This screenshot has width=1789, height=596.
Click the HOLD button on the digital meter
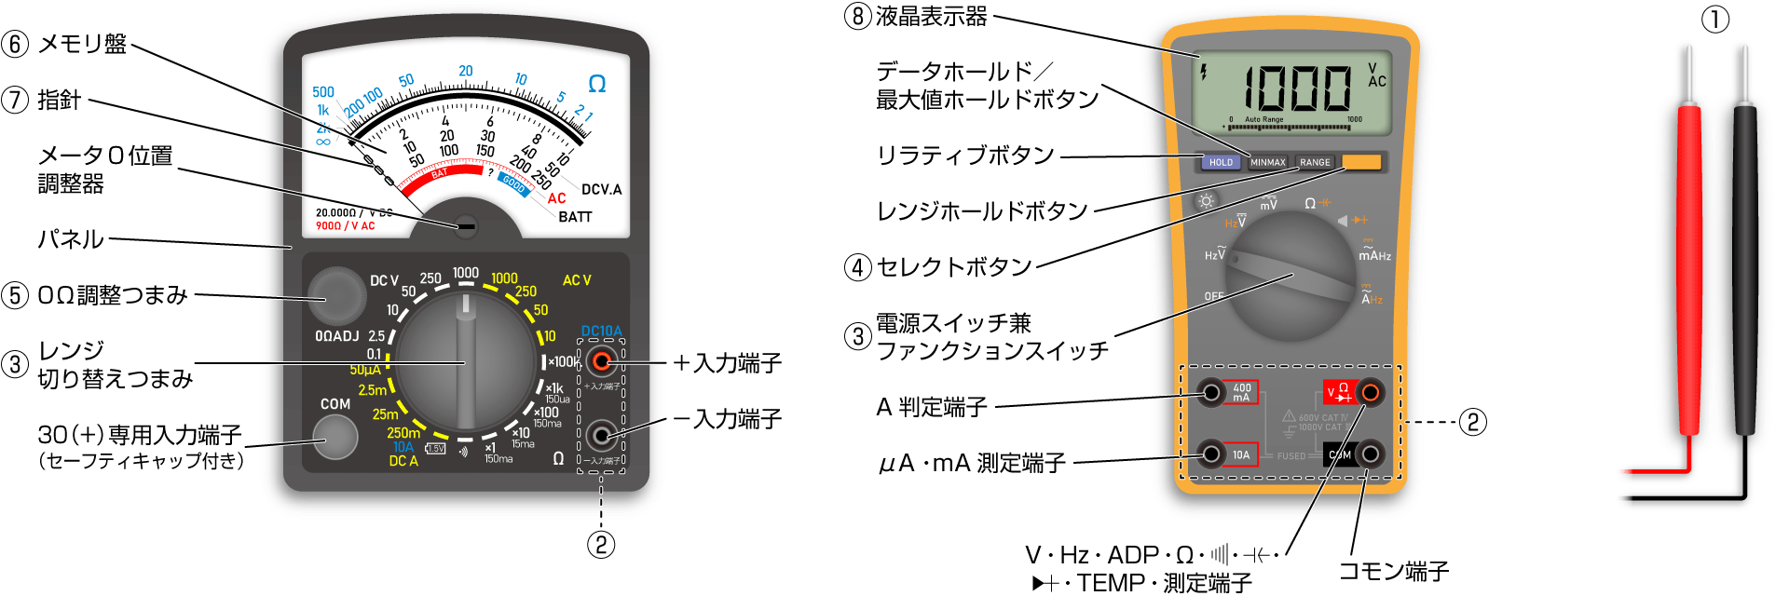[1221, 162]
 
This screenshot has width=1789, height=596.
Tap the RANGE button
[1315, 162]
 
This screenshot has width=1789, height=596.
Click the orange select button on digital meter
[1361, 162]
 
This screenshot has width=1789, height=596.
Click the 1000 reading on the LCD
[1298, 89]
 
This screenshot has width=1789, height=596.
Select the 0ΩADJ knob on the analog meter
[336, 295]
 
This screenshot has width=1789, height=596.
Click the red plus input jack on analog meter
[602, 361]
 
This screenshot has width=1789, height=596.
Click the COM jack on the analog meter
[335, 437]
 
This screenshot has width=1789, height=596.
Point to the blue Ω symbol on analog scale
[597, 84]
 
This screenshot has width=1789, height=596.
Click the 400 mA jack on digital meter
[1211, 392]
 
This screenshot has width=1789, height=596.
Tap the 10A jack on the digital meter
[1211, 454]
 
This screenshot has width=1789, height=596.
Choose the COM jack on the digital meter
[1370, 454]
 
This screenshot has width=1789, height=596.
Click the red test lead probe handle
[1689, 270]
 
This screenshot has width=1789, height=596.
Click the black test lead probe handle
[1744, 270]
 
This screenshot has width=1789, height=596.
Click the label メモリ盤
[82, 44]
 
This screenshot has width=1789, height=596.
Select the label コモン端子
[1393, 571]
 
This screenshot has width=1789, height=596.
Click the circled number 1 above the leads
[1715, 19]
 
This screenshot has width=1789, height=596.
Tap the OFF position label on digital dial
[1214, 296]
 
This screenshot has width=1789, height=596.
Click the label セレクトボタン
[954, 267]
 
